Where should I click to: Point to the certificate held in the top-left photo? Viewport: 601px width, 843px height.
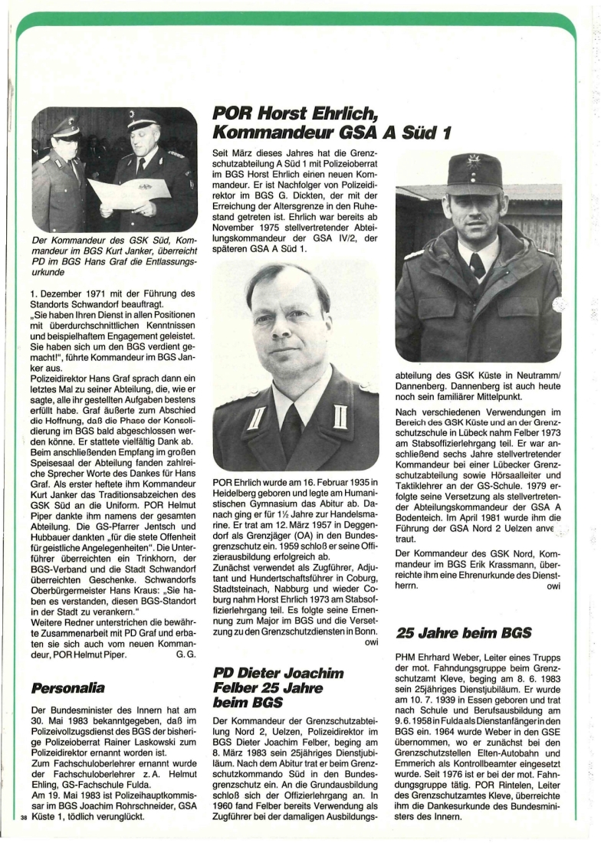[x=128, y=194]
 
